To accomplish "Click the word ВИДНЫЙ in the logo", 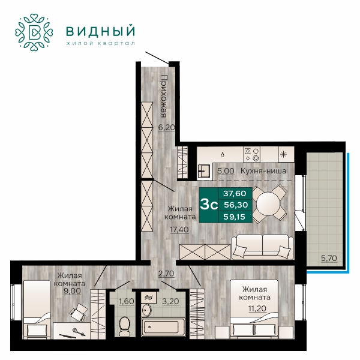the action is [x=100, y=31].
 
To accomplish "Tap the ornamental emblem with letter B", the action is [x=34, y=32].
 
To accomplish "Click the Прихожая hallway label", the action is [x=163, y=96].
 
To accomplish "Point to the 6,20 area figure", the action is [x=167, y=127].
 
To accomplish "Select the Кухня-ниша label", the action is [x=263, y=171].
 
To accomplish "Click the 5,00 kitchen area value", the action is [x=226, y=171].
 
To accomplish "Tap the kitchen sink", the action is [x=203, y=171].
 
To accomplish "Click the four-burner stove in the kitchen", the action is [x=251, y=154].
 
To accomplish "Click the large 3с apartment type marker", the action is [x=209, y=205].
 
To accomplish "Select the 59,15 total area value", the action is [x=235, y=217].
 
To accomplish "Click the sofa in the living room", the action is [x=262, y=247].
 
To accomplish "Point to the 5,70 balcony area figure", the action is [x=329, y=258].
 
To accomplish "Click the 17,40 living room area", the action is [x=179, y=229].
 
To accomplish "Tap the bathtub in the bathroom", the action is [x=163, y=327].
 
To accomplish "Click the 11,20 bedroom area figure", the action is [x=257, y=308].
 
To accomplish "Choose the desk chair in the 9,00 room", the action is [x=79, y=312].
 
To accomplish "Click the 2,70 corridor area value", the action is [x=166, y=274].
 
